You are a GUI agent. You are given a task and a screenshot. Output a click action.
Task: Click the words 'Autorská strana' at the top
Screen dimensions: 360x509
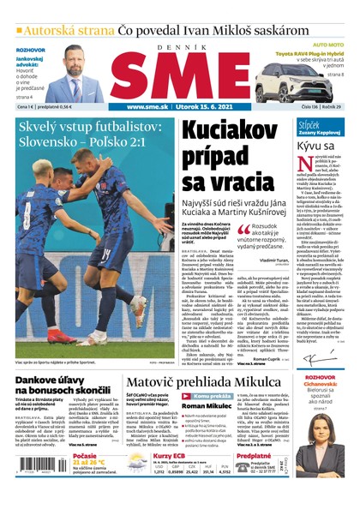point(69,31)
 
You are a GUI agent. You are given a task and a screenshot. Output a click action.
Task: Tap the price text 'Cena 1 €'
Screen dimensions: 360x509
point(27,107)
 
